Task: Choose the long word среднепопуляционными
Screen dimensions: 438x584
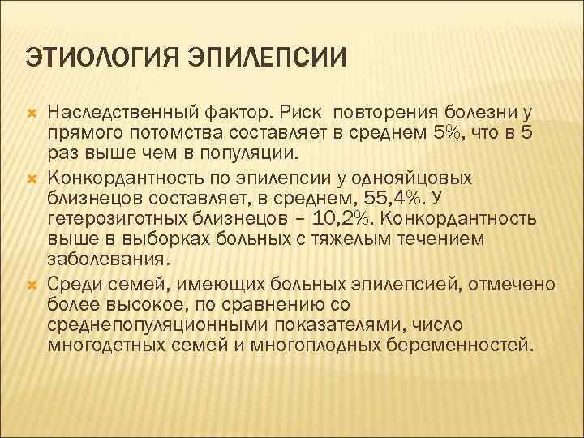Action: pos(160,326)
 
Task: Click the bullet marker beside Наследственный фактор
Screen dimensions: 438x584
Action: pos(33,111)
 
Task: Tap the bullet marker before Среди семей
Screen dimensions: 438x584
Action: pos(33,284)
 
